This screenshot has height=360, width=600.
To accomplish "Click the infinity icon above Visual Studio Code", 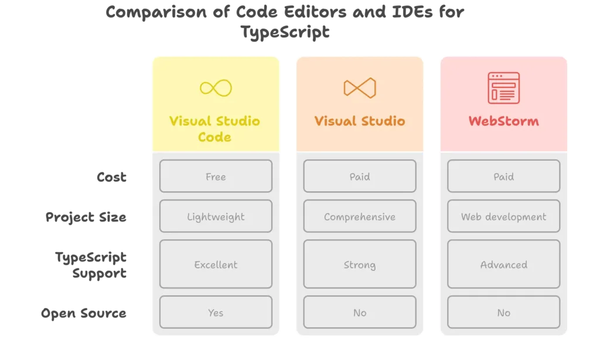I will (x=216, y=88).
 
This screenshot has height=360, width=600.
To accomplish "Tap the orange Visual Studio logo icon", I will (x=359, y=88).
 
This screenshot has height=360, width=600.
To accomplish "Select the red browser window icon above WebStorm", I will (x=503, y=88).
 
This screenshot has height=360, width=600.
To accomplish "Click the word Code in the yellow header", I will (x=215, y=137).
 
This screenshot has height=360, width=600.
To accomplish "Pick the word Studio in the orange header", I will (x=381, y=121).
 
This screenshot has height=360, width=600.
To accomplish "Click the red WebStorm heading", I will (x=503, y=121).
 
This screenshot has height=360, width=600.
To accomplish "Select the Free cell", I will (x=216, y=176).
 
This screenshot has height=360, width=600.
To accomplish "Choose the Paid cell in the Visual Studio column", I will (x=359, y=176).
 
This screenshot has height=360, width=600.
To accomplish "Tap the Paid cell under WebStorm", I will (x=503, y=176).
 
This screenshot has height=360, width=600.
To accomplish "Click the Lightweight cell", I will (x=216, y=217).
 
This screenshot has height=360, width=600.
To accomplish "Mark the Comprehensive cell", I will (x=359, y=217).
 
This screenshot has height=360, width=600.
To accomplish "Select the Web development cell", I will (x=503, y=217).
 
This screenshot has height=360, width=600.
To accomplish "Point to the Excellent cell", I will (x=216, y=264).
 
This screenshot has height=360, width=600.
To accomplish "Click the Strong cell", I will (x=359, y=264).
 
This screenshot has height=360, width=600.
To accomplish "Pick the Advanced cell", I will (x=503, y=264).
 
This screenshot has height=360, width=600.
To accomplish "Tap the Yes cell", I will (x=216, y=313).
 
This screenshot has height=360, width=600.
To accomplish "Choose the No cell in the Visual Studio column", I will (x=359, y=313).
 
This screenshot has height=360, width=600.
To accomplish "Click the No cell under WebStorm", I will (x=503, y=313).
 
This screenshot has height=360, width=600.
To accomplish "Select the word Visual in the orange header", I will (x=336, y=121).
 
